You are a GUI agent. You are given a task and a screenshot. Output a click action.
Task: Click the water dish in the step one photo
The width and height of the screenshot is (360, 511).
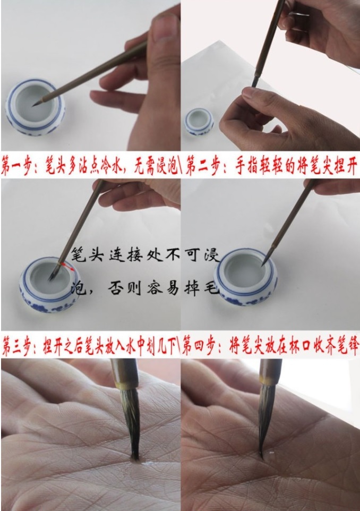click(x=35, y=107)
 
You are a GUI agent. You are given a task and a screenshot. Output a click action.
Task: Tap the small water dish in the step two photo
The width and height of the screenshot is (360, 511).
click(x=199, y=122)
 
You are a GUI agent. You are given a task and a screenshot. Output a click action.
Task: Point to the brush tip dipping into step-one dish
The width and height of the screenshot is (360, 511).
click(x=35, y=104)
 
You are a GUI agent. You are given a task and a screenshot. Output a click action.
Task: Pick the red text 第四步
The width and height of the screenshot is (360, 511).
click(x=198, y=346)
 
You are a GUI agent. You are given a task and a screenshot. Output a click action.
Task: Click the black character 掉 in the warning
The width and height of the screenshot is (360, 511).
click(x=192, y=288)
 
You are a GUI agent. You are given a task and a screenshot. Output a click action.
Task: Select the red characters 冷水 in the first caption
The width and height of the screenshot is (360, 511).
click(x=108, y=167)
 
